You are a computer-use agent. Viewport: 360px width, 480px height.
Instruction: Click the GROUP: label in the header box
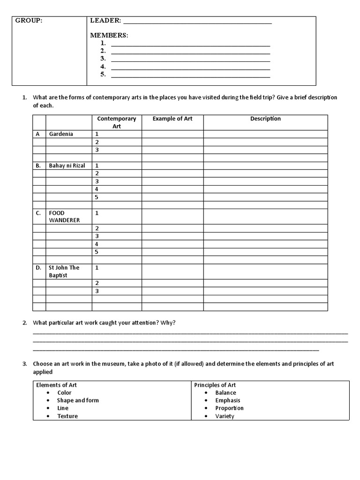coord(29,21)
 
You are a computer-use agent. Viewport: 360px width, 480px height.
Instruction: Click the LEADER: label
coord(105,21)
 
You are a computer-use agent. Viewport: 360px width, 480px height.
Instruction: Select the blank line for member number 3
coord(190,59)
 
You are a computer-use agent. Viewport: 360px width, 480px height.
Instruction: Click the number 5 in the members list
coord(103,75)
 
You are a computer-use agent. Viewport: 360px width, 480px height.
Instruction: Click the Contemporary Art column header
coord(117,122)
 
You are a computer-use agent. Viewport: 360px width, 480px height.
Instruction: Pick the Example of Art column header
coord(172,119)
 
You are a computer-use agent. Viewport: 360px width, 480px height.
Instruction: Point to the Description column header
coord(265,119)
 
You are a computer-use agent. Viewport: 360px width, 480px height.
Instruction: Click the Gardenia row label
coord(61,134)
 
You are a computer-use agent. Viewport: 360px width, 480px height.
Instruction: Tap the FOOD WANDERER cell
coord(64,217)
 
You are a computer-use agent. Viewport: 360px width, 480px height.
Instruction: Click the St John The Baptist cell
coord(64,271)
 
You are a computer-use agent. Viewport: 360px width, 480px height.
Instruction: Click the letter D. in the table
coord(38,268)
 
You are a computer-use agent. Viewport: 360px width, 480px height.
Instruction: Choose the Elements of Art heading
coord(56,385)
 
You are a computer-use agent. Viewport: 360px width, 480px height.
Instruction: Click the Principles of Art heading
coord(215,385)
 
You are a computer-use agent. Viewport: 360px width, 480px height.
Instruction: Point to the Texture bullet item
coord(67,416)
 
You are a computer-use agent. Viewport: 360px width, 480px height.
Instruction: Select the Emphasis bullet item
coord(227,400)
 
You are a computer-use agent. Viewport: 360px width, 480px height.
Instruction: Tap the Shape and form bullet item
coord(78,400)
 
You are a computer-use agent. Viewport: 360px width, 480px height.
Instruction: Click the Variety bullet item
coord(225,416)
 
